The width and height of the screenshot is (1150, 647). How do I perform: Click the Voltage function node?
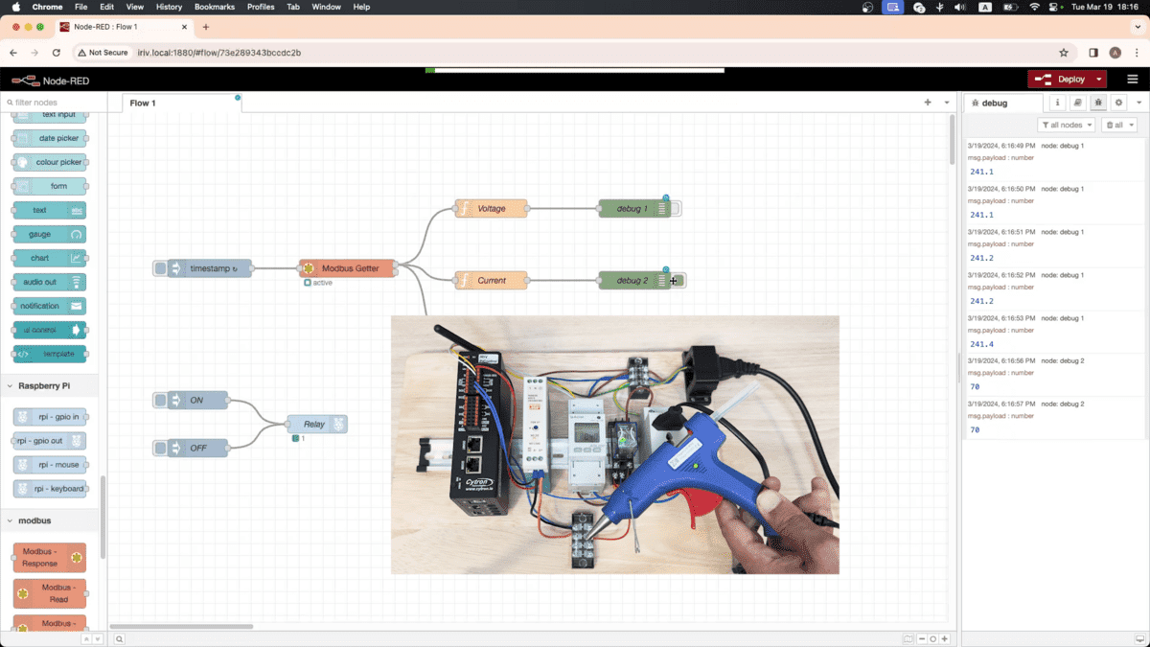(491, 208)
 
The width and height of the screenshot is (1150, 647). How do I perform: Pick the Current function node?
(491, 280)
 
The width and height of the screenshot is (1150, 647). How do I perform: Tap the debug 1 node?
(632, 208)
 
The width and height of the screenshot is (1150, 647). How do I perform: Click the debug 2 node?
(632, 280)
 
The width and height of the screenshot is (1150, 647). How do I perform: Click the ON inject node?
(198, 400)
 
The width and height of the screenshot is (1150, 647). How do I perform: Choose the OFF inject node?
(198, 448)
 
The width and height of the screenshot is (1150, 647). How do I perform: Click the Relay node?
(315, 424)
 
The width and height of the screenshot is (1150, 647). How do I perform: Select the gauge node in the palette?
(49, 234)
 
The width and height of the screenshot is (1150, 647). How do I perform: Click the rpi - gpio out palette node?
(51, 441)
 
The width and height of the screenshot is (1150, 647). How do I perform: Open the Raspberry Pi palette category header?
(43, 385)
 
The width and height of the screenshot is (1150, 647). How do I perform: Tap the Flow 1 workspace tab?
(143, 103)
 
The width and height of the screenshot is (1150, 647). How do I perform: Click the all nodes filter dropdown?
(1066, 125)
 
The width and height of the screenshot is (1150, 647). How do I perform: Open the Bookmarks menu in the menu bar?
(214, 7)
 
